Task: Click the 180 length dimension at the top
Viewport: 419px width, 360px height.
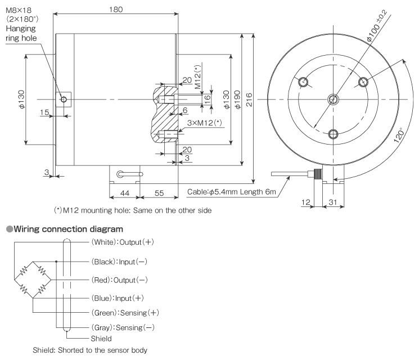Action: tap(116, 10)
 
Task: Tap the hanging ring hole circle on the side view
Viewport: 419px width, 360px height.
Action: tap(64, 100)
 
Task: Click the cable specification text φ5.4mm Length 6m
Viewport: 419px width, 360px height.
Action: tap(232, 193)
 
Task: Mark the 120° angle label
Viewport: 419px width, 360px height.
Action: tap(400, 135)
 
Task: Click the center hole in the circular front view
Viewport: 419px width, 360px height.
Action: tap(333, 100)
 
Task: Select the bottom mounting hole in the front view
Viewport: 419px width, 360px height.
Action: tap(333, 134)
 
